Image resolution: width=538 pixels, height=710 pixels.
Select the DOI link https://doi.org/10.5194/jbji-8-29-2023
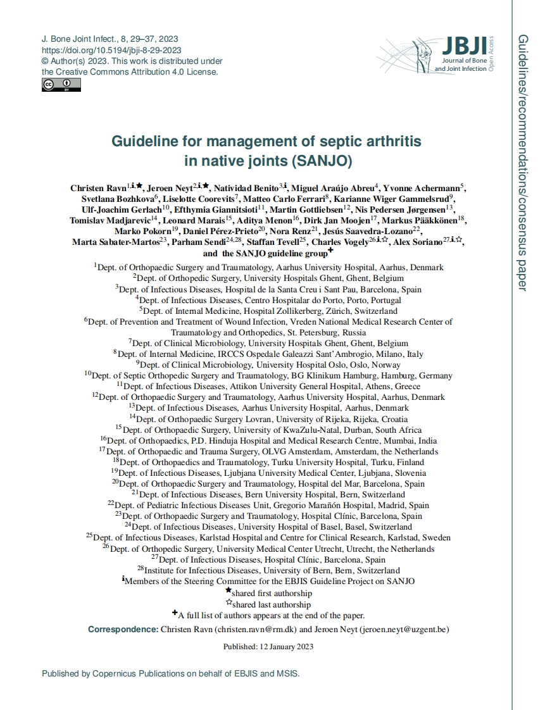tap(111, 50)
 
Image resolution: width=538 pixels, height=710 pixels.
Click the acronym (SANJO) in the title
tap(321, 160)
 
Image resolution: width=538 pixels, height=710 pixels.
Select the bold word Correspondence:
tap(123, 630)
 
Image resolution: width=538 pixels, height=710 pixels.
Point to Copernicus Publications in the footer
tap(139, 674)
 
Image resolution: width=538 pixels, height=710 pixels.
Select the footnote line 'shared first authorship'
tap(272, 594)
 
